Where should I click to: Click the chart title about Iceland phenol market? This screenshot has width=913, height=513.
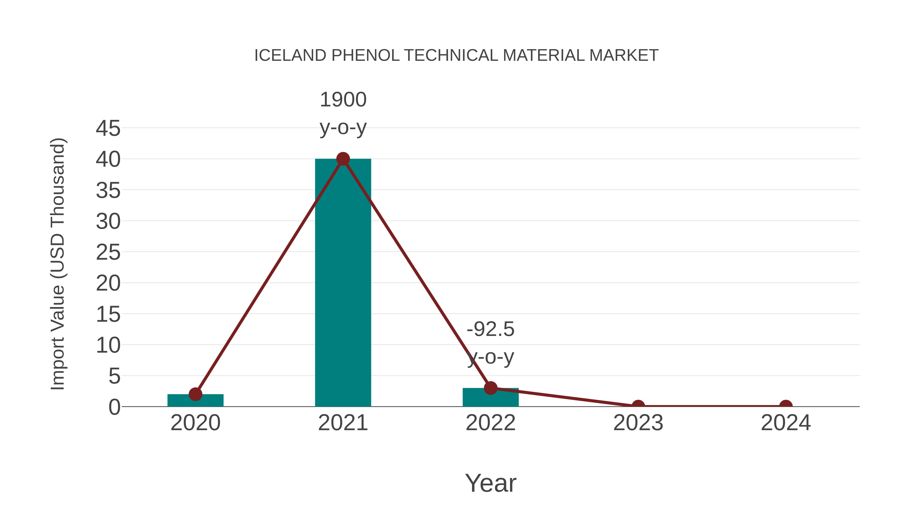pyautogui.click(x=456, y=55)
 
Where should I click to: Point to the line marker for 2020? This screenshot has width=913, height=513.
pyautogui.click(x=195, y=394)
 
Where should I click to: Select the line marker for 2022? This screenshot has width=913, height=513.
pyautogui.click(x=490, y=388)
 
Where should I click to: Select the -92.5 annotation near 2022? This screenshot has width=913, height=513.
pyautogui.click(x=490, y=329)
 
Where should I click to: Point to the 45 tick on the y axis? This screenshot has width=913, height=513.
pyautogui.click(x=108, y=128)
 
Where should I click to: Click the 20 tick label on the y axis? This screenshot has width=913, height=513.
pyautogui.click(x=108, y=283)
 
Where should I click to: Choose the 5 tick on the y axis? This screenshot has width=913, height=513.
pyautogui.click(x=114, y=376)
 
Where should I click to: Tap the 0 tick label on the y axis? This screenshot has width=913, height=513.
pyautogui.click(x=114, y=407)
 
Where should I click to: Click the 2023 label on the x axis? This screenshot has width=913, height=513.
pyautogui.click(x=638, y=423)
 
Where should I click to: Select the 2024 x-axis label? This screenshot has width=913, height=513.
pyautogui.click(x=786, y=423)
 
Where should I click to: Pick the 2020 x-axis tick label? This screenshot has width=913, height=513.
pyautogui.click(x=195, y=423)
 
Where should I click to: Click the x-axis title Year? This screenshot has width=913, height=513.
pyautogui.click(x=490, y=483)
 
